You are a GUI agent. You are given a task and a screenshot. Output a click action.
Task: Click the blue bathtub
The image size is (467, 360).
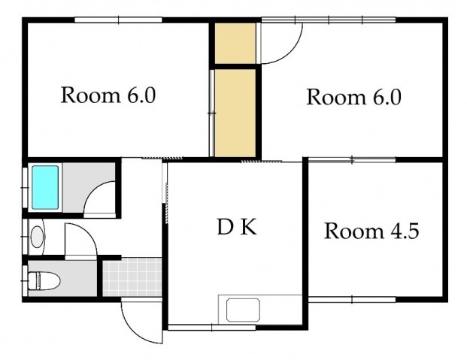pos(45,187)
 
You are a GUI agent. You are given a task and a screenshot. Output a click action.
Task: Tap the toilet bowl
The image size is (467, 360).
pos(44,280)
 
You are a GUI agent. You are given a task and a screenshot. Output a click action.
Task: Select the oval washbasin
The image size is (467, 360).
pos(38,237)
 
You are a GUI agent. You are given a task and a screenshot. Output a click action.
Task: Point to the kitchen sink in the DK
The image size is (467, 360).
pos(243,310)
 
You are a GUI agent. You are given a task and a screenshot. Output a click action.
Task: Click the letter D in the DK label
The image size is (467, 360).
pos(225,227)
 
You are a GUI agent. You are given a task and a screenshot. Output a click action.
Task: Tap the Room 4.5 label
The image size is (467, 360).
pos(371,231)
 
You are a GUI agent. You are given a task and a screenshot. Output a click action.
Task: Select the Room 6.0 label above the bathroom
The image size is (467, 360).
pos(108,95)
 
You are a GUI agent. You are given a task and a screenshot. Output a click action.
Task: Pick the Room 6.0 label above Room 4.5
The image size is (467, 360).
pos(354,97)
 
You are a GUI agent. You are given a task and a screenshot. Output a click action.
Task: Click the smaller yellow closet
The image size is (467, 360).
pos(235,44)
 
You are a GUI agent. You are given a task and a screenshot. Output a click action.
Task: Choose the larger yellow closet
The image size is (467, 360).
pos(235,113)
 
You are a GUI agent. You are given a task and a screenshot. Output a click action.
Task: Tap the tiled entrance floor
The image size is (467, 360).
pos(132,277)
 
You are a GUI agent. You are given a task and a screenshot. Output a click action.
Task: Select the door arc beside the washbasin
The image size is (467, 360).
pos(89,232)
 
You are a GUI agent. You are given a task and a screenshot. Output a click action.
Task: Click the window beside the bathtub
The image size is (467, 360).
pos(25,188)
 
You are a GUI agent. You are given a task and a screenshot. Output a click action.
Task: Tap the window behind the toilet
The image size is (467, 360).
pos(25,281)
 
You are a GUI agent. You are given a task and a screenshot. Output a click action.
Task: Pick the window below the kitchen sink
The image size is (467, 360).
pos(212,328)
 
